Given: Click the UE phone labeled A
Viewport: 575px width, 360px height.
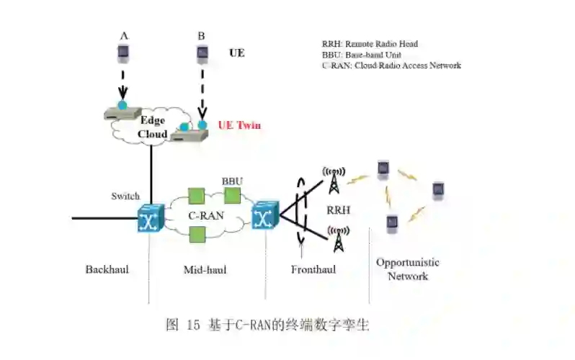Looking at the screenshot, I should tap(123, 51).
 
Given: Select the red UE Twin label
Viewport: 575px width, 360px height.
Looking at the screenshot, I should tap(239, 125).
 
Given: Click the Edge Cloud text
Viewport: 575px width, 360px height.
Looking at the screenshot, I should tap(153, 127).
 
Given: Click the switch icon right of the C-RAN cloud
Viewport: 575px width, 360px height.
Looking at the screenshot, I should tap(264, 216).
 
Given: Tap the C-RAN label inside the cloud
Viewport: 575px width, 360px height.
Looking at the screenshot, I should tap(204, 214).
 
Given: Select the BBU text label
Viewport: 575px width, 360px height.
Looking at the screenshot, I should tap(232, 181).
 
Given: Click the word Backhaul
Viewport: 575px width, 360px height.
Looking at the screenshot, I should tap(107, 270).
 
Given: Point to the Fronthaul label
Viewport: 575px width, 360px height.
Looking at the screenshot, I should tap(313, 270).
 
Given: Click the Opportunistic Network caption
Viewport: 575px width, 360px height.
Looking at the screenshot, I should tap(407, 269).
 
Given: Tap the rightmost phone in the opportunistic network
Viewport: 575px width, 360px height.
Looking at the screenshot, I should tap(438, 190).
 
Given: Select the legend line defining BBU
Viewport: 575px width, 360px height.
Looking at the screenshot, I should tap(361, 55).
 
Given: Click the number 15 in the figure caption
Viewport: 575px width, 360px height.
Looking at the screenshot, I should tap(192, 325).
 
